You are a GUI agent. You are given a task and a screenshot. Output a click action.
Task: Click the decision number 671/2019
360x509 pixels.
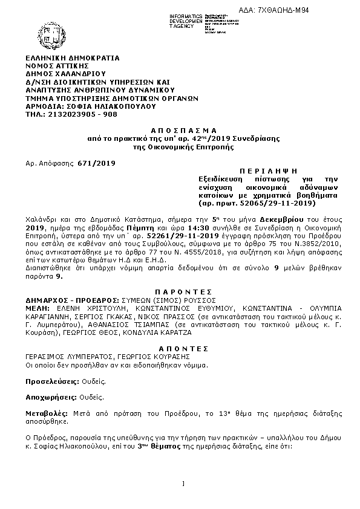pos(96,163)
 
